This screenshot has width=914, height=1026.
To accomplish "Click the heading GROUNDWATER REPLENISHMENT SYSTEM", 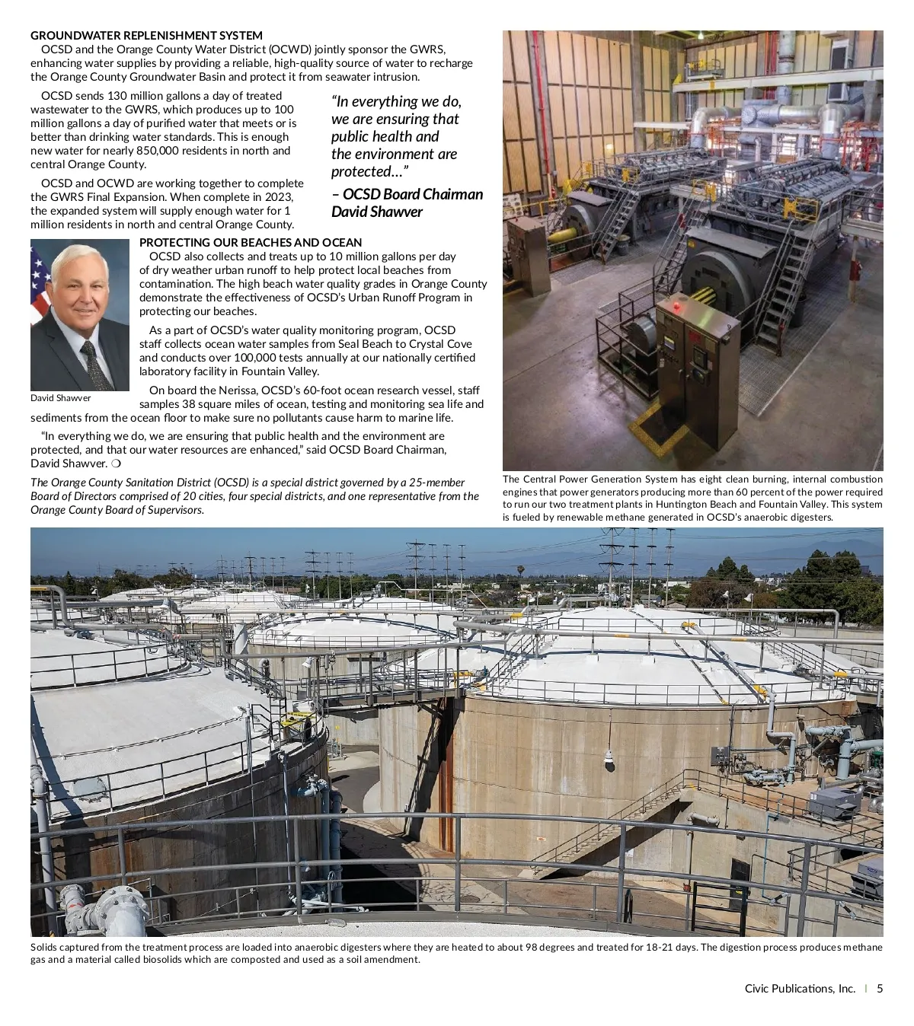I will point(146,36).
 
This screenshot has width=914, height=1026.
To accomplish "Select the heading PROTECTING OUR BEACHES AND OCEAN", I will point(251,243).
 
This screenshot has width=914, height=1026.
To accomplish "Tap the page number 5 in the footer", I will point(880,989).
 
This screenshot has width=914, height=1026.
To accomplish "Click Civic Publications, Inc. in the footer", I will point(800,989).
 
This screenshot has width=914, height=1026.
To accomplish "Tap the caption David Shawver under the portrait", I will point(60,398).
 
